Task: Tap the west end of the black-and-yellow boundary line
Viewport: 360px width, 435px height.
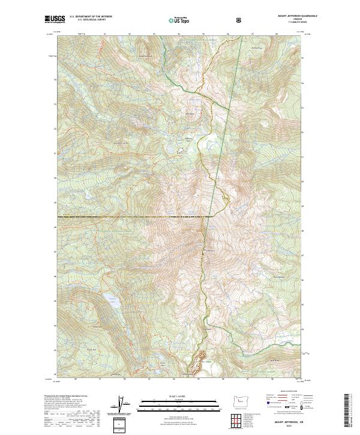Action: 59,215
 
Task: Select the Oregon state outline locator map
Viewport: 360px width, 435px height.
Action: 240,401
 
